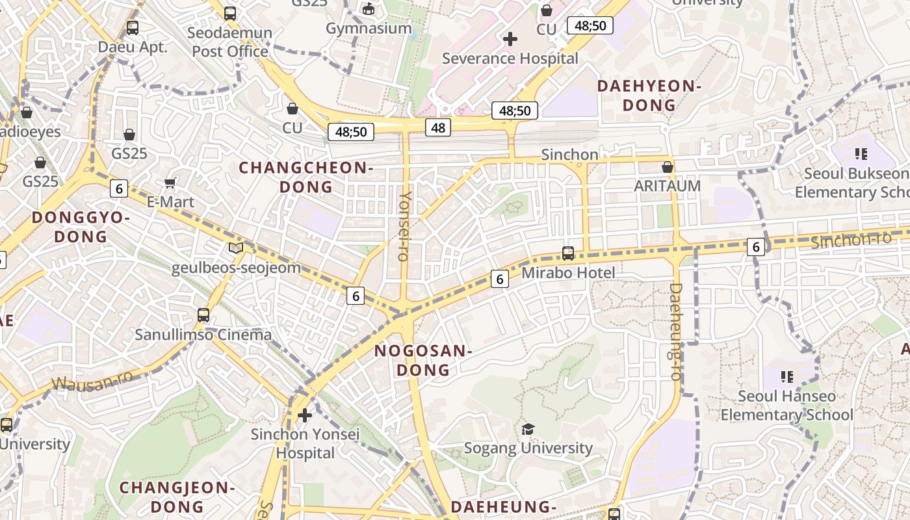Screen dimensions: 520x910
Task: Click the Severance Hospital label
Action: point(510,58)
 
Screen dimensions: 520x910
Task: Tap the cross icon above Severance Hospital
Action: point(510,39)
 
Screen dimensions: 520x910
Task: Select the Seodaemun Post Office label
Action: point(230,42)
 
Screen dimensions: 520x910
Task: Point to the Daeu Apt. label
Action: point(133,47)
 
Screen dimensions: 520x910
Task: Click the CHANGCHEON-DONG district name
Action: point(306,177)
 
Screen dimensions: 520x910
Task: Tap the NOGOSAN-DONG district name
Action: point(423,361)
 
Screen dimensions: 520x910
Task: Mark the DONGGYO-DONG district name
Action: point(81,227)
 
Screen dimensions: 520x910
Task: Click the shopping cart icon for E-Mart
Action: point(170,183)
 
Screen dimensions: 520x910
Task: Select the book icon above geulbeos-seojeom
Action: point(235,248)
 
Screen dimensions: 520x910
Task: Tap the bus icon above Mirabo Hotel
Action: point(568,253)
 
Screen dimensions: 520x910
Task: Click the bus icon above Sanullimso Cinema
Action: point(203,315)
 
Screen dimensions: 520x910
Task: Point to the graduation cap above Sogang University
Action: point(528,429)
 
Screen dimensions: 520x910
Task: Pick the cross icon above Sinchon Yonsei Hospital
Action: point(305,415)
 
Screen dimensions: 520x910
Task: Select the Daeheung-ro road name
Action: point(676,331)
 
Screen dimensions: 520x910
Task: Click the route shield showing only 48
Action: point(438,127)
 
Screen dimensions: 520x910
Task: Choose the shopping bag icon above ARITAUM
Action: point(668,167)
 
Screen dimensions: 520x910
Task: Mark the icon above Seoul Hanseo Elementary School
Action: point(787,376)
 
